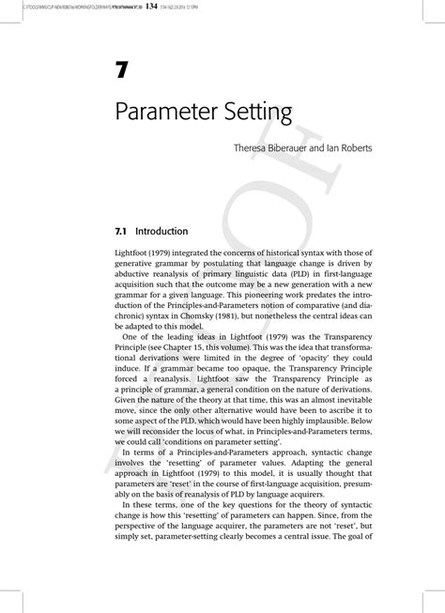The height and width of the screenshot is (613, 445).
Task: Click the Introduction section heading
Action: coord(161,230)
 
